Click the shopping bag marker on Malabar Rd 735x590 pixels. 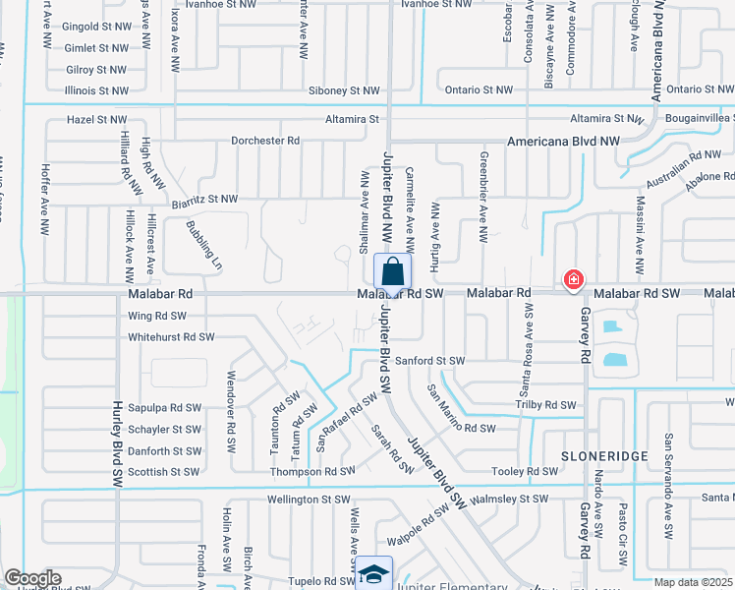[391, 273]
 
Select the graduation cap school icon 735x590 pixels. [373, 573]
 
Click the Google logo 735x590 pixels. [32, 577]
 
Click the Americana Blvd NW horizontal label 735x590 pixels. [563, 142]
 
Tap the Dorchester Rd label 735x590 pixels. [265, 141]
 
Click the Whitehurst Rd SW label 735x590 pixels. [171, 337]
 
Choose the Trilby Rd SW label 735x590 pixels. [545, 405]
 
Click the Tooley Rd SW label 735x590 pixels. [527, 471]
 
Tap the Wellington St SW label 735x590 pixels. [310, 500]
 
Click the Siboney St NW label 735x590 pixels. [344, 90]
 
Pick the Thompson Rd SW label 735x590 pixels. [312, 472]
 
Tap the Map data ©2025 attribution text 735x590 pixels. [693, 582]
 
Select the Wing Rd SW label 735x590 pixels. [157, 317]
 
